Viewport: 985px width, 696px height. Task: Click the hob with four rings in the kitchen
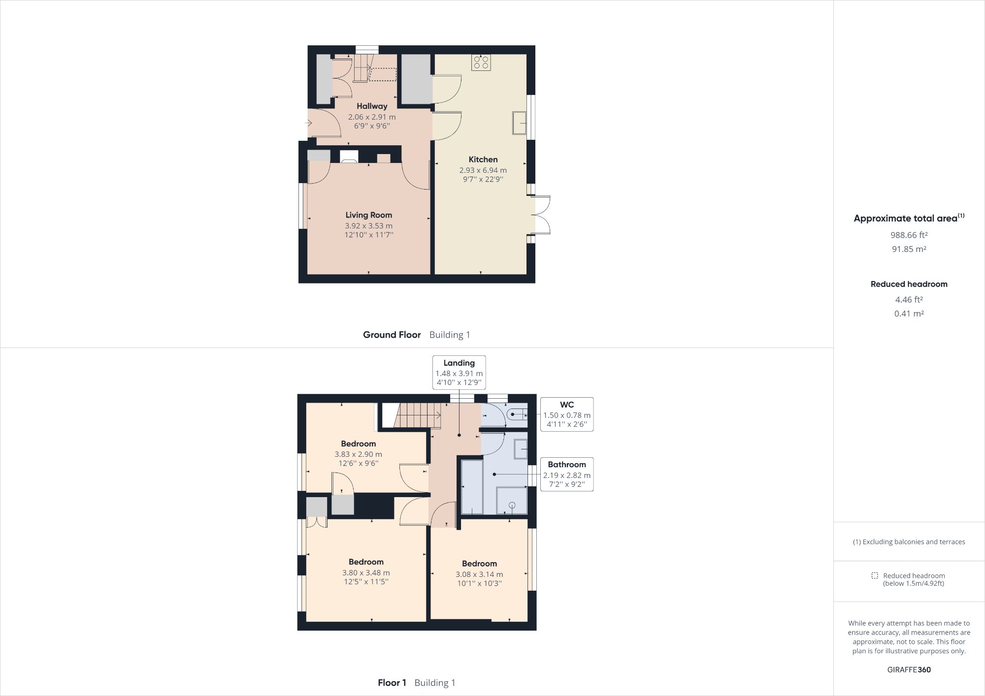481,62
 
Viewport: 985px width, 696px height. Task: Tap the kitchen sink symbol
519,123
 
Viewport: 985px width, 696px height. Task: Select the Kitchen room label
483,159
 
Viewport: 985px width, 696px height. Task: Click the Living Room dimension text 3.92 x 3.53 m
368,226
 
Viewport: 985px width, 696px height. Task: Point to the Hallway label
372,106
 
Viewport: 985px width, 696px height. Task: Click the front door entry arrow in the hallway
309,123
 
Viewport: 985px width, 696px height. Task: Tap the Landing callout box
459,373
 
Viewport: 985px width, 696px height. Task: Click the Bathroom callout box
566,474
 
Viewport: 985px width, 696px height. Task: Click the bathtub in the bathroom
471,487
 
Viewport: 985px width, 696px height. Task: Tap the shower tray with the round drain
512,501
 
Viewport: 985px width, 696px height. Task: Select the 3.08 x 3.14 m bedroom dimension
479,574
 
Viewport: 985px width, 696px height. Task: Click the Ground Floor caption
392,335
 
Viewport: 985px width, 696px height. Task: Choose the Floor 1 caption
392,683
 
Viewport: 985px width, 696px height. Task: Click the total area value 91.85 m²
909,249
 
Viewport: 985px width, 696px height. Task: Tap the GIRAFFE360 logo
909,669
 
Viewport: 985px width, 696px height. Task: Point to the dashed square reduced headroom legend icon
875,575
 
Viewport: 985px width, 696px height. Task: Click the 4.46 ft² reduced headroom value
909,299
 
